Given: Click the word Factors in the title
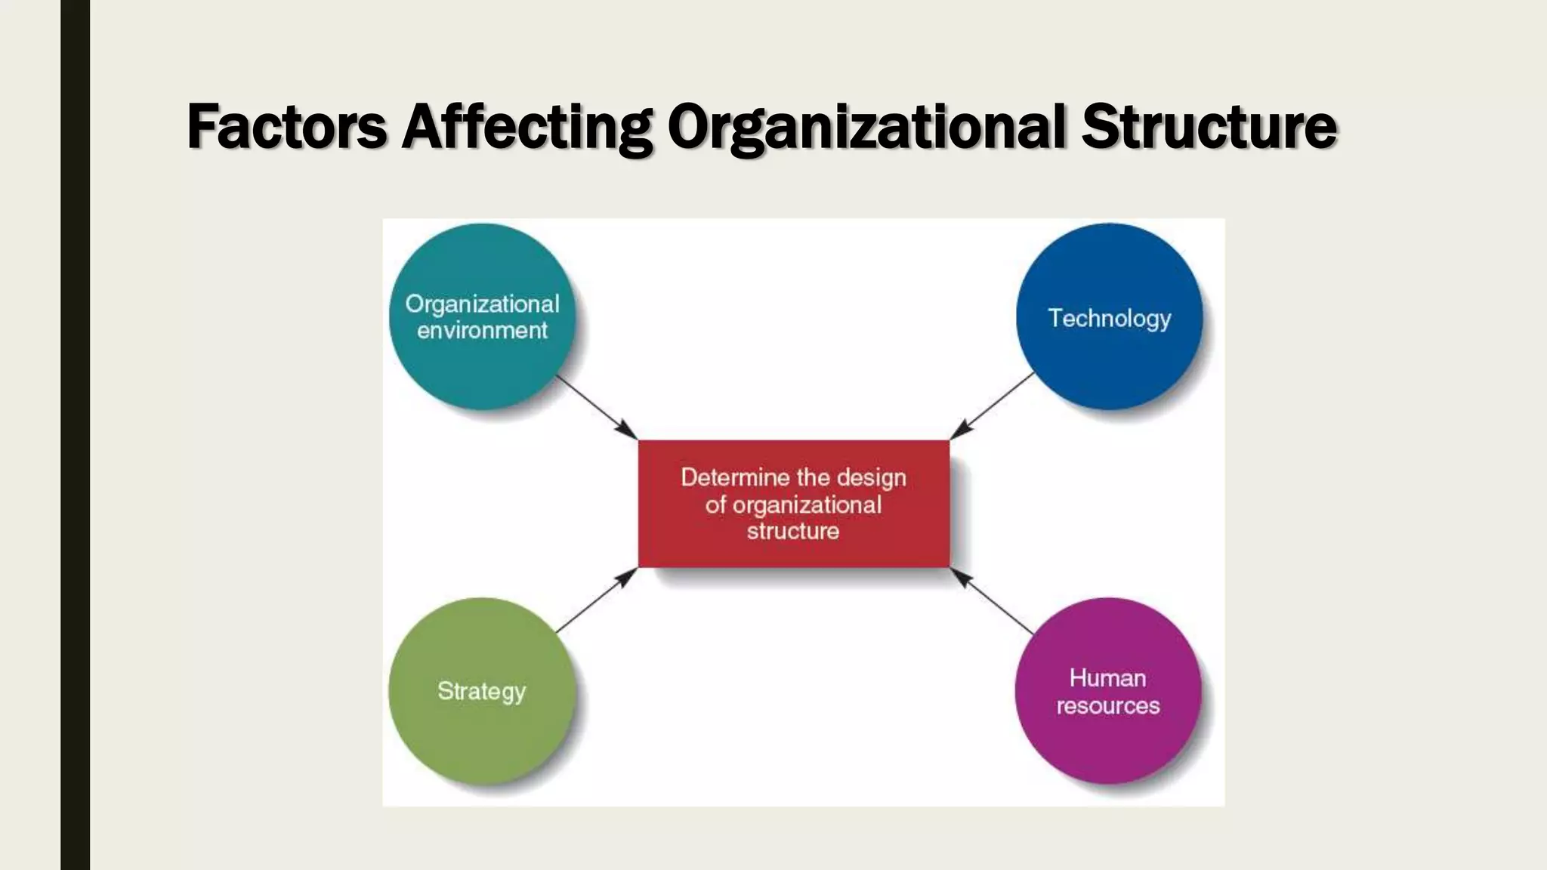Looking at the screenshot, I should coord(286,126).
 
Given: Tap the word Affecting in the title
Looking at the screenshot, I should coord(526,126).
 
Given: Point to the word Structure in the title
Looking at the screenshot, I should coord(1209,126).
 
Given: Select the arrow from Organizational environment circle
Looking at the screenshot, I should coord(597,407).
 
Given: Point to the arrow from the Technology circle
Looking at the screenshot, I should coord(992,406).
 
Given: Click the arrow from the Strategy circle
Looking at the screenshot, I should coord(597,600).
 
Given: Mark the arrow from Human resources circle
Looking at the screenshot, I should coord(992,601).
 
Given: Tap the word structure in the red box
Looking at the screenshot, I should coord(793,531).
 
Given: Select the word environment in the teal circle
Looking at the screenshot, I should coord(482,331).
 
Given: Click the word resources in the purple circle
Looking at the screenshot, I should coord(1108,705).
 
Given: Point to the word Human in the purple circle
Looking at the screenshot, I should coord(1108,678).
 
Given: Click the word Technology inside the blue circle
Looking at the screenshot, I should coord(1109,318).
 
